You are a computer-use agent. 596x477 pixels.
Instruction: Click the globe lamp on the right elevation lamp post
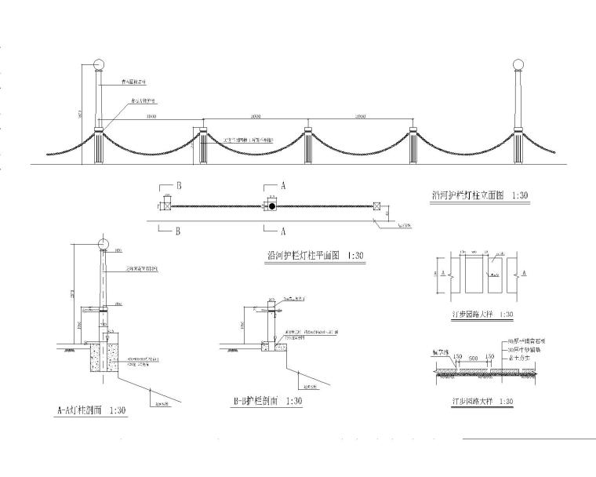[x=518, y=64]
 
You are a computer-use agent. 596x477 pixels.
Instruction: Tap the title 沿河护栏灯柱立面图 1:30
[x=480, y=195]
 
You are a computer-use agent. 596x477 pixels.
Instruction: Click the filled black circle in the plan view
[x=271, y=206]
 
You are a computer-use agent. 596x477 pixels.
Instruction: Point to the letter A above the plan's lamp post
[x=282, y=187]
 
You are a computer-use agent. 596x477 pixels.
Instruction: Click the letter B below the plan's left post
[x=179, y=232]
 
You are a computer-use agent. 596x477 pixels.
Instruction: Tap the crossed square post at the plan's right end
[x=377, y=206]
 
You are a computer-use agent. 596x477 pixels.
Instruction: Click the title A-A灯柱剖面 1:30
[x=93, y=410]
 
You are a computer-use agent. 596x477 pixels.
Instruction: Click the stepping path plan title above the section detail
[x=476, y=315]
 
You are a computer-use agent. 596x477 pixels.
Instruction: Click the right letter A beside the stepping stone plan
[x=524, y=274]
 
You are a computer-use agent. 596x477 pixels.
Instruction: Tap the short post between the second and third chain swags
[x=307, y=144]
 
